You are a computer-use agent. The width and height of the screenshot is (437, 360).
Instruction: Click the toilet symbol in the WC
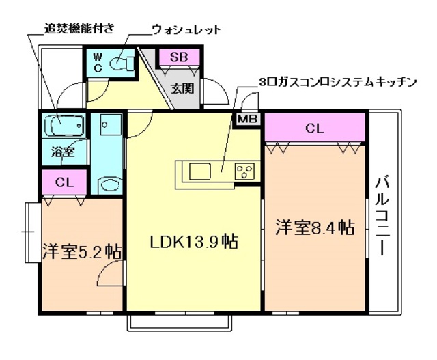tap(123, 63)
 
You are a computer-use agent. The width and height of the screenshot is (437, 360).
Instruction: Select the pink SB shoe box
tap(180, 57)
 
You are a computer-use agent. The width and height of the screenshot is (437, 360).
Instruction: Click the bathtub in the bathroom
tap(64, 126)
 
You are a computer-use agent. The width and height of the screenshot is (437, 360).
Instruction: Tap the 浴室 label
tap(63, 152)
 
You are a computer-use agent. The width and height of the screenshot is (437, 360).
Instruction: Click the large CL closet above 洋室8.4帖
tap(315, 127)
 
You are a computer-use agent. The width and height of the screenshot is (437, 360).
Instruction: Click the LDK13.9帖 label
tap(194, 243)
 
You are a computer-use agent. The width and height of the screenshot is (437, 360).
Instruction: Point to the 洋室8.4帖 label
tap(315, 227)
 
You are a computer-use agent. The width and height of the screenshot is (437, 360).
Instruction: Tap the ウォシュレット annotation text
tap(186, 29)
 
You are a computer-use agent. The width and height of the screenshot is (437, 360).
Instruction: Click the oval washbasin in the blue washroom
tap(108, 184)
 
